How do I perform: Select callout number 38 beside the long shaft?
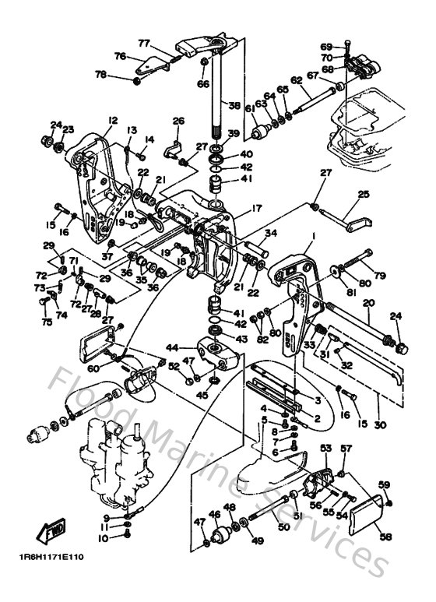tap(234, 106)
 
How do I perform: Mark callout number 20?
tap(367, 302)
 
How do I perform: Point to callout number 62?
tap(296, 80)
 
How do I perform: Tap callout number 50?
tap(284, 527)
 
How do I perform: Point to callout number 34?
tap(270, 231)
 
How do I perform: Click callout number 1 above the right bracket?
tap(313, 235)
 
